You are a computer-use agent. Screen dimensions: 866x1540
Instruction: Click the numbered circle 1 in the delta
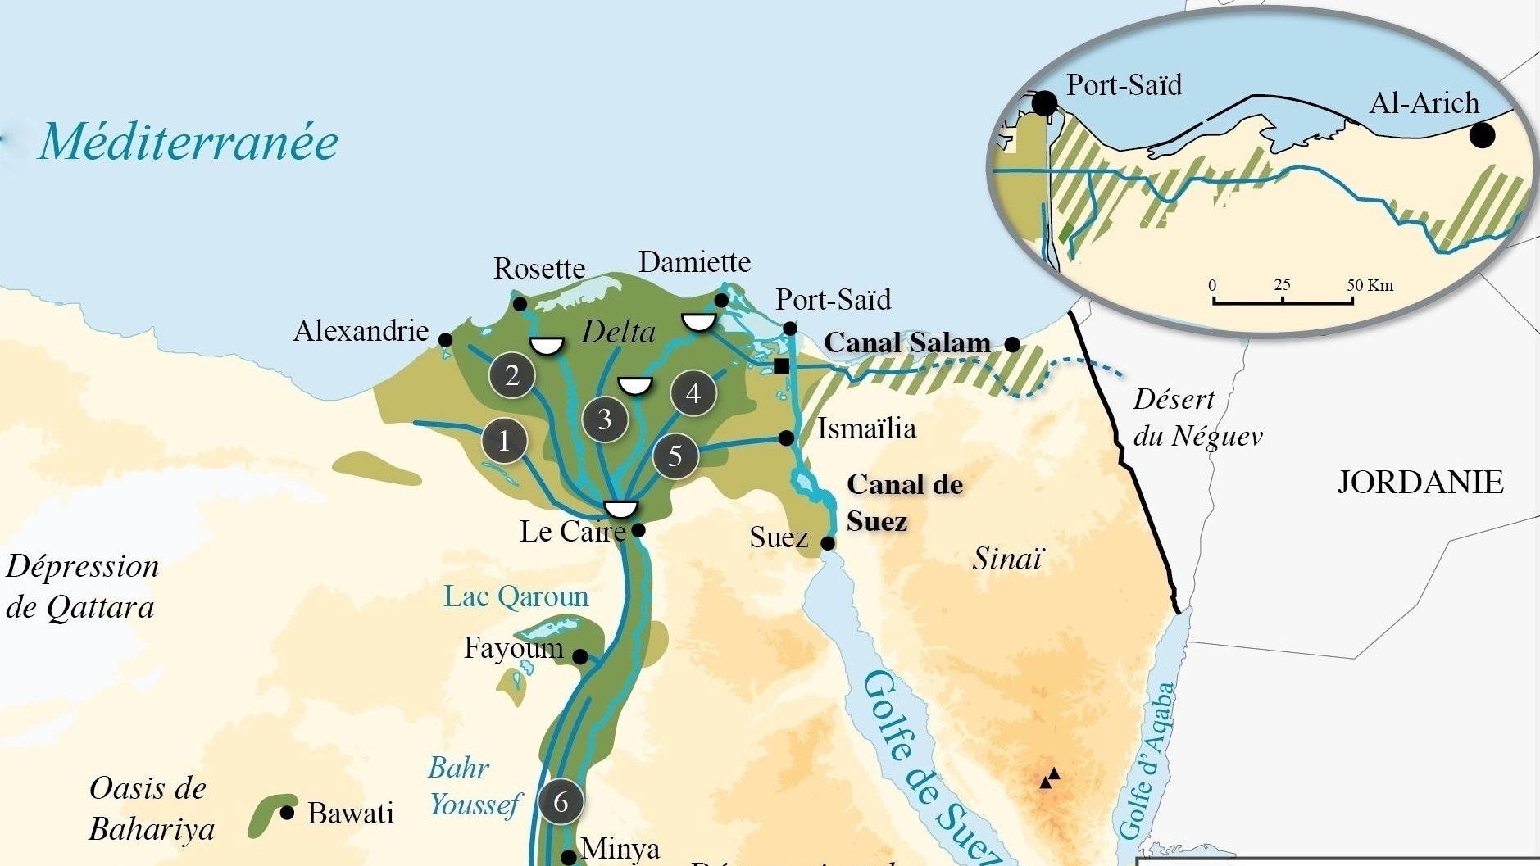[504, 441]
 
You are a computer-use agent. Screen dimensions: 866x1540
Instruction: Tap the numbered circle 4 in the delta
[693, 393]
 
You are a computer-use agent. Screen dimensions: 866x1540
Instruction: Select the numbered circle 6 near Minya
[561, 801]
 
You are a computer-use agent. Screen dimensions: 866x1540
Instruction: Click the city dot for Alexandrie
[445, 340]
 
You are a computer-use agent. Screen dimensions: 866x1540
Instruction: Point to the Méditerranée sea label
[189, 142]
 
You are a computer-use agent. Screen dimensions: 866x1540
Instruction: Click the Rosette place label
[539, 269]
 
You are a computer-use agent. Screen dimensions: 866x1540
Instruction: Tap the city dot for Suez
[828, 543]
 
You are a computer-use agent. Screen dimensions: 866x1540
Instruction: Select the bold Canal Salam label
[907, 342]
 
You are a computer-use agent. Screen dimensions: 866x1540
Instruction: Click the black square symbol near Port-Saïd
[782, 366]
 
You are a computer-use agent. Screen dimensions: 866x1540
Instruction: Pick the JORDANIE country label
[1420, 482]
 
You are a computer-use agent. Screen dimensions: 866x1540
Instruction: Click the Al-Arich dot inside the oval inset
[1481, 135]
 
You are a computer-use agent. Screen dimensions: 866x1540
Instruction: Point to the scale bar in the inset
[1283, 301]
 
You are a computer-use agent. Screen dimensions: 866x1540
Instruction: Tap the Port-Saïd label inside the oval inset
[1124, 85]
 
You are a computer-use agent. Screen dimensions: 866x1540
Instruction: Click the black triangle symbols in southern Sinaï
[1050, 778]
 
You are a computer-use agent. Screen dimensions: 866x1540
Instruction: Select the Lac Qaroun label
[516, 596]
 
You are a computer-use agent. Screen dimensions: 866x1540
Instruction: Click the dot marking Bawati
[287, 813]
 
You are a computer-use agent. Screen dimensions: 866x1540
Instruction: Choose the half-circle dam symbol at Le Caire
[620, 509]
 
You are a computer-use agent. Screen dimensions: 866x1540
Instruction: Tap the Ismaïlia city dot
[786, 438]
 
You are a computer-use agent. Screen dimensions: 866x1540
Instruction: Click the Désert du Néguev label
[1197, 418]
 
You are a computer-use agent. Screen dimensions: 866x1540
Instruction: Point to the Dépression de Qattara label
[82, 587]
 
